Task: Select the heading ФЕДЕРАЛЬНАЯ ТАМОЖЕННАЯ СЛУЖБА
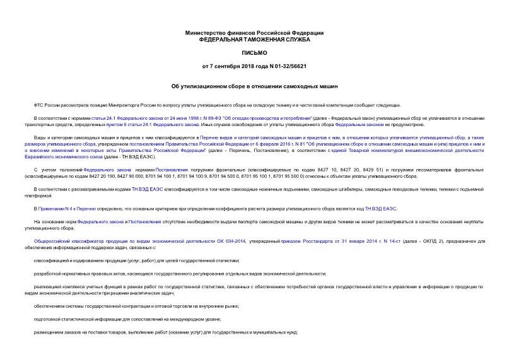[254, 39]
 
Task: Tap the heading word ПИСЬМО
[254, 53]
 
